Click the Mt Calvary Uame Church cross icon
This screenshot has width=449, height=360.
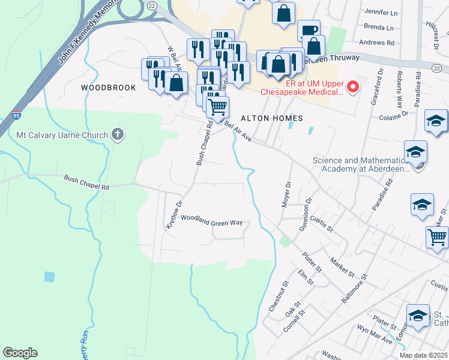tap(118, 134)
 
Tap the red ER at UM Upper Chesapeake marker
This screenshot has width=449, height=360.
tap(353, 87)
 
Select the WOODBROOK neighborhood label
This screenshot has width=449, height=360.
tap(109, 88)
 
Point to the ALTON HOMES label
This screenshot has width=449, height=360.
tap(272, 118)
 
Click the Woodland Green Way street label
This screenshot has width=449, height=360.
tap(211, 220)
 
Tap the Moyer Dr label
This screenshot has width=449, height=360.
tap(286, 194)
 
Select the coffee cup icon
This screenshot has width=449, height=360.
tap(309, 30)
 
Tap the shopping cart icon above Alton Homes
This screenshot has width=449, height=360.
tap(217, 107)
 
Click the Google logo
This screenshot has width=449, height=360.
tap(20, 353)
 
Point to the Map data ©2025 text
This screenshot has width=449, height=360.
tap(423, 355)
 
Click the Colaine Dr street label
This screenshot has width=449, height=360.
tap(393, 112)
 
